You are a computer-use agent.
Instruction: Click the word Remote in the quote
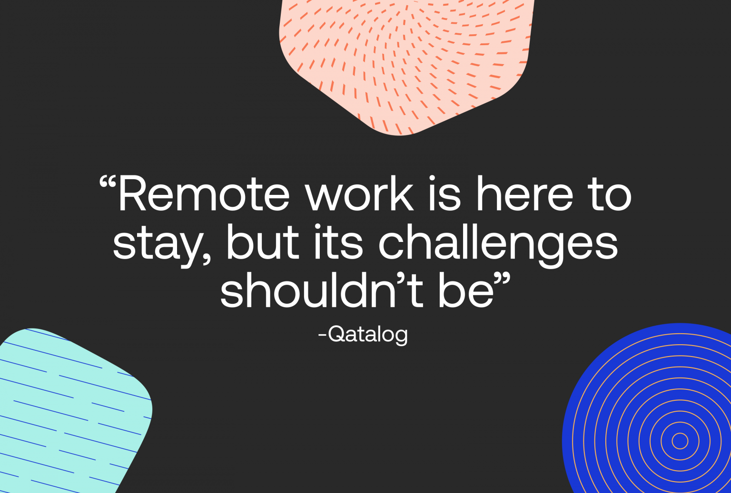[x=204, y=194]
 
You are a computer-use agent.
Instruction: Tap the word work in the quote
[x=360, y=194]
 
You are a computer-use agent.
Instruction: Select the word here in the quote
[x=525, y=194]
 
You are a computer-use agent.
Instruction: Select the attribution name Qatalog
[x=368, y=334]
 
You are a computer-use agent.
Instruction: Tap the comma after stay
[x=206, y=259]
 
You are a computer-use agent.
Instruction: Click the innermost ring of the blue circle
[x=680, y=441]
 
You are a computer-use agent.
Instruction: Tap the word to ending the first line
[x=609, y=194]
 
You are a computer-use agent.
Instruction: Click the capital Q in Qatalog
[x=337, y=334]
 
